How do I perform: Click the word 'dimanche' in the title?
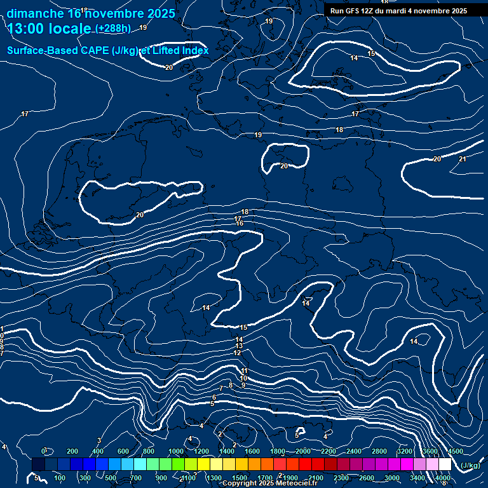[36, 13]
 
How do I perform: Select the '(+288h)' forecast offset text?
[113, 29]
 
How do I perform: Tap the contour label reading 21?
[462, 159]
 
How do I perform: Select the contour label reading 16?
[240, 223]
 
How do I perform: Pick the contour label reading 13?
[239, 346]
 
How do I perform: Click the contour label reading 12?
[237, 353]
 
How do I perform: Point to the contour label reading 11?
[244, 370]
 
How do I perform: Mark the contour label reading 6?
[214, 396]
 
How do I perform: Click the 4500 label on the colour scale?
[456, 451]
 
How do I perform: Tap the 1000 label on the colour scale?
[176, 451]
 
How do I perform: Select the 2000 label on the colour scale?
[303, 451]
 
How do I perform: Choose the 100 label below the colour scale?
[60, 478]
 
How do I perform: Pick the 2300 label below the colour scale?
[341, 478]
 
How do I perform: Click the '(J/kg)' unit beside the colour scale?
[470, 466]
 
